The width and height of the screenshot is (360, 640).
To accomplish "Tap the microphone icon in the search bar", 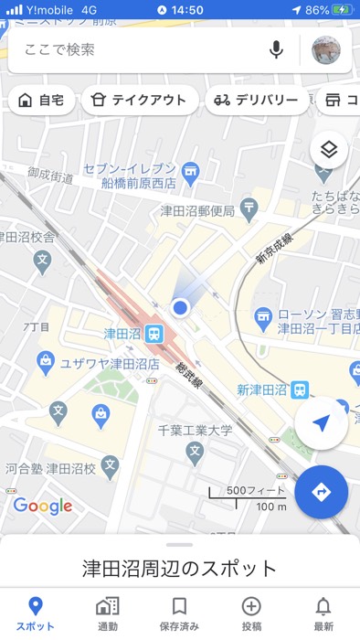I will (276, 49).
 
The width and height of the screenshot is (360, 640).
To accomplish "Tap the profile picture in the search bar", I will (326, 50).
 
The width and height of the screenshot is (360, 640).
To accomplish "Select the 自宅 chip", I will (41, 101).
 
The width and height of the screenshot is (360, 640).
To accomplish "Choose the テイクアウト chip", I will (140, 101).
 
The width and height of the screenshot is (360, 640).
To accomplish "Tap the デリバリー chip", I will (255, 101).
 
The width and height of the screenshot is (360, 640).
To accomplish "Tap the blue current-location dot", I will (181, 308).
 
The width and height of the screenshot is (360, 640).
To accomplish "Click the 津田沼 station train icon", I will (154, 334).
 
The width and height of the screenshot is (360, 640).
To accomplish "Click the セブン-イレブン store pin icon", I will (190, 169).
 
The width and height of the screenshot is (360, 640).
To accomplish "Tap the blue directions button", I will (321, 492).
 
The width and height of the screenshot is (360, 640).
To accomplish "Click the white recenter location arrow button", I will (321, 423).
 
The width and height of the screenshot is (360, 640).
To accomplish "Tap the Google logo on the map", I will (43, 506).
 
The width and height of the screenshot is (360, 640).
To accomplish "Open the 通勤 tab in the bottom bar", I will (107, 613).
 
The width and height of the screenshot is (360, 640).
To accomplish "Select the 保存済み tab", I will (179, 613).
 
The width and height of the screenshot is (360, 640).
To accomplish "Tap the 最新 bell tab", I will (323, 613).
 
